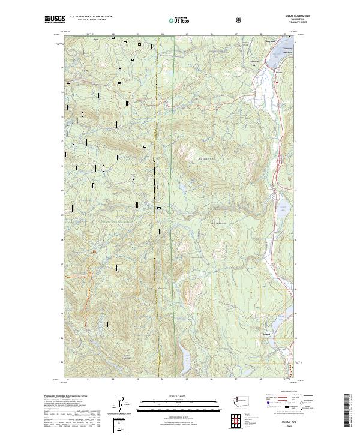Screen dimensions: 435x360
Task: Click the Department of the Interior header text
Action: (x=91, y=17)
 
